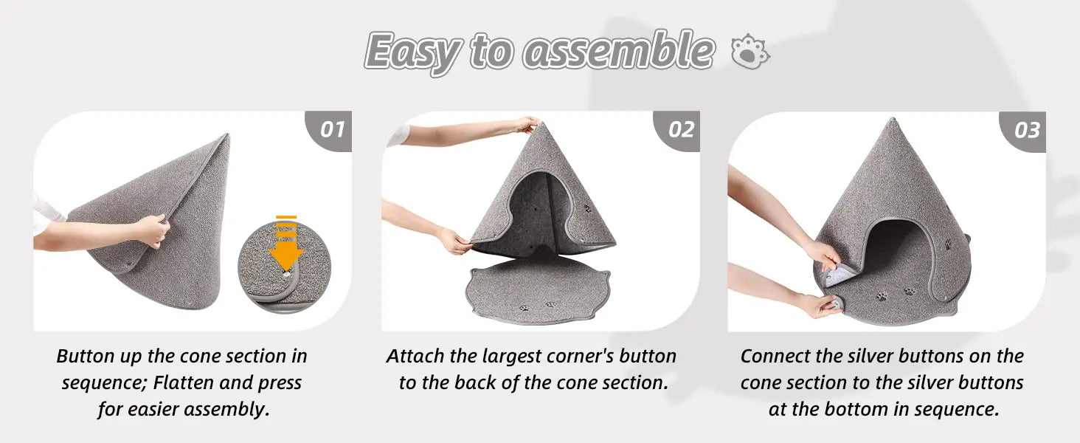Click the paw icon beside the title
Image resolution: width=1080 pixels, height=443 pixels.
click(x=750, y=52)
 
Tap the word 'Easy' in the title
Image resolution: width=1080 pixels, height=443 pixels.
click(x=413, y=53)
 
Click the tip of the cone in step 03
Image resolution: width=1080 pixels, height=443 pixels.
click(x=892, y=120)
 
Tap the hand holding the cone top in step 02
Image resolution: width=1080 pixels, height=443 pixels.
click(x=527, y=125)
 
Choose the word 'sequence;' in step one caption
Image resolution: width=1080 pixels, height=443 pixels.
click(x=103, y=383)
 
